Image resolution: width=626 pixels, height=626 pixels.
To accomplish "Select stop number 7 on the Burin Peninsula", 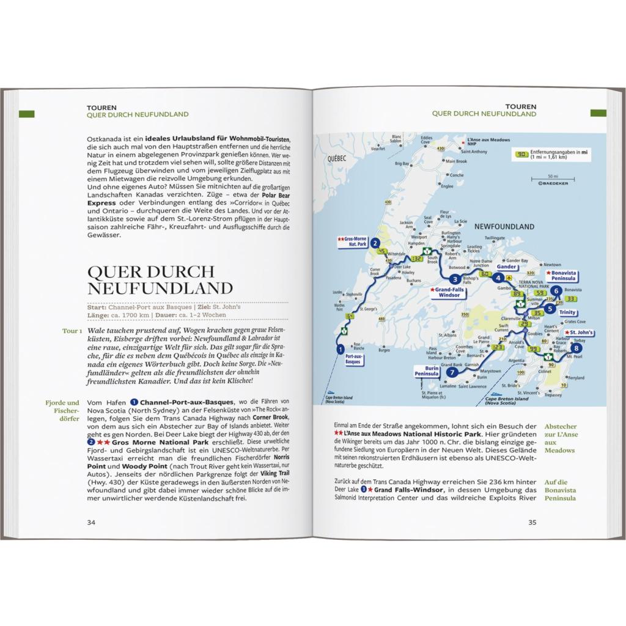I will [x=451, y=372].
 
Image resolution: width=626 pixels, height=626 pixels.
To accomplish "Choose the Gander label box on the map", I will [x=507, y=267].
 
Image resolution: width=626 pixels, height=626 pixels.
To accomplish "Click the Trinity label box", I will [x=567, y=312].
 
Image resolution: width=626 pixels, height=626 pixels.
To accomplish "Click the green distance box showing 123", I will [x=497, y=347].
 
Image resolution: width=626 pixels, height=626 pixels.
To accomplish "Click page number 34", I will [x=91, y=522].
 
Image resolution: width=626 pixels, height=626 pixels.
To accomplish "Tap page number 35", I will [x=532, y=522].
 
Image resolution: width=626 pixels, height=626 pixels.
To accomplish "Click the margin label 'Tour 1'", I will [x=72, y=331].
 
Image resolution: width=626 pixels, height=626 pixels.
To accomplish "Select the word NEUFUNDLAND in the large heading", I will [x=160, y=288].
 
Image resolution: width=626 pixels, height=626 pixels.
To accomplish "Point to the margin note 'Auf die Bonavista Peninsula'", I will [x=560, y=490].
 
